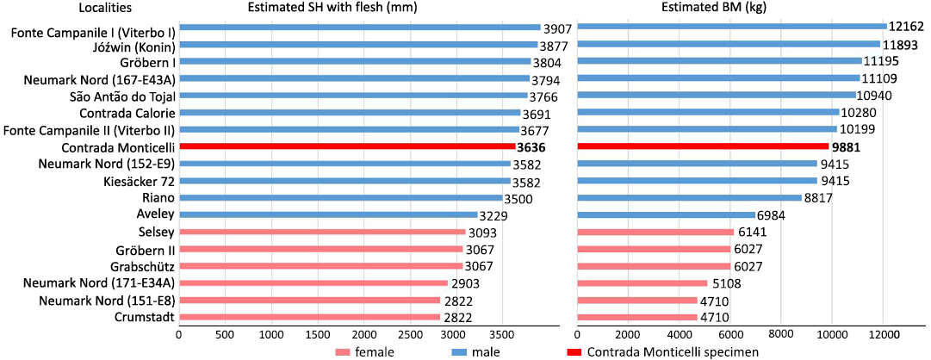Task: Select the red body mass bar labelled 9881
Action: tap(703, 146)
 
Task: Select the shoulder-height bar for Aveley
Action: tap(327, 214)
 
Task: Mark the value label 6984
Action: tap(774, 214)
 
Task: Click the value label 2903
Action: tap(468, 282)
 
